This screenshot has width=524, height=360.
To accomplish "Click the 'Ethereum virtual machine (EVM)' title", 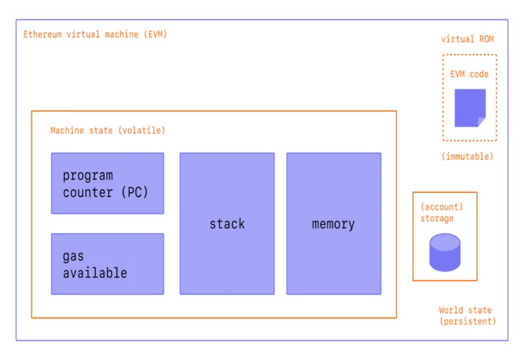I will tap(95, 34).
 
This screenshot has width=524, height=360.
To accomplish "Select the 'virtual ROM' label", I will tap(467, 39).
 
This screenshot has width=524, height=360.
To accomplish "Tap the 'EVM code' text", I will tap(469, 74).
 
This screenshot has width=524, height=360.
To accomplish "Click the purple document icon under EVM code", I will tap(470, 107).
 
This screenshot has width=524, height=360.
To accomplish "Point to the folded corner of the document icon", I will tap(481, 122).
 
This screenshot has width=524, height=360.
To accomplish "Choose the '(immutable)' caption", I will tap(467, 156).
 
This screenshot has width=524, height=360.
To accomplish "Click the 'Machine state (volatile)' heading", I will tap(107, 130).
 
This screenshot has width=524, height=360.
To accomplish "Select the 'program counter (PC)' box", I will tap(107, 183).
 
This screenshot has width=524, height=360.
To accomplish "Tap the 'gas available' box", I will tap(107, 264).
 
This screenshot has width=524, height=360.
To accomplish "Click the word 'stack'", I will tap(227, 224).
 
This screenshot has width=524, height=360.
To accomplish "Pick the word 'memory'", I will tap(333, 224).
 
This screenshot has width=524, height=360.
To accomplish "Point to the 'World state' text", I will tap(465, 310).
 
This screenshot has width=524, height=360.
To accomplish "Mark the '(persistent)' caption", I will tap(467, 321).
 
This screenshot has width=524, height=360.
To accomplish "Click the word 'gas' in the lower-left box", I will tap(73, 257).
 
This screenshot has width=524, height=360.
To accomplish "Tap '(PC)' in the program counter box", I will tap(133, 192).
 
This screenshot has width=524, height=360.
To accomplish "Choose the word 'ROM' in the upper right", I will tap(485, 39).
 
